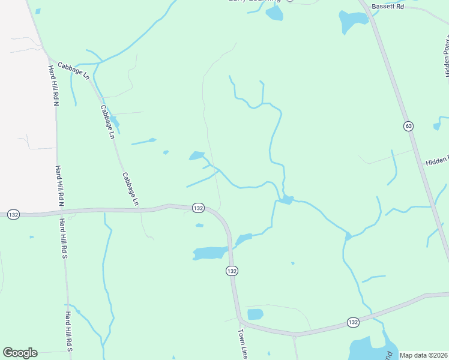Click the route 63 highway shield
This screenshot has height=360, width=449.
click(408, 126)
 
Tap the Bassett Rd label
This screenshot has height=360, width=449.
click(387, 6)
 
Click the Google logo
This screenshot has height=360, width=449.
click(20, 353)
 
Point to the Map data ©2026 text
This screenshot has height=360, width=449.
click(424, 355)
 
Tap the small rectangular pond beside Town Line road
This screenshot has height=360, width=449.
click(255, 314)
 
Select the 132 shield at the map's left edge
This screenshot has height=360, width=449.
click(13, 214)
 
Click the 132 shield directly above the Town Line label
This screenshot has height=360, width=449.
click(232, 271)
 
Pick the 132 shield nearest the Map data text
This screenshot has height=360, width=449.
click(353, 323)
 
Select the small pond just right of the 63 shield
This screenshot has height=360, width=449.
click(436, 127)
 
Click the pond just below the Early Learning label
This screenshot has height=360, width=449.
click(274, 14)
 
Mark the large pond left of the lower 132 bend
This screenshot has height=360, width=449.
click(209, 253)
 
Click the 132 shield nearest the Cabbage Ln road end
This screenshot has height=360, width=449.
click(198, 208)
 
